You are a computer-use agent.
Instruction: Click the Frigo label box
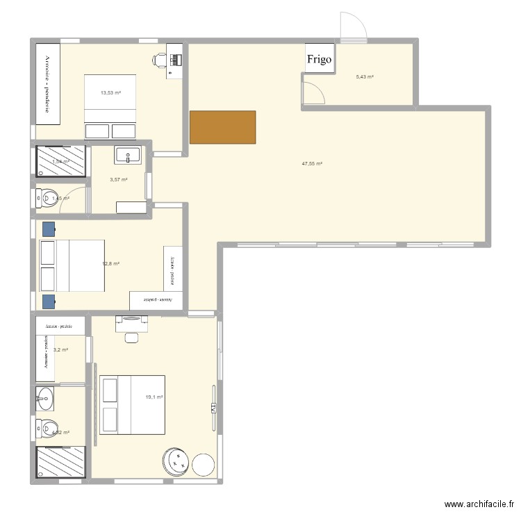coord(320,59)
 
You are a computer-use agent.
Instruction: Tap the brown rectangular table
coord(222,127)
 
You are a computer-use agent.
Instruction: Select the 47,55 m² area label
coord(312,164)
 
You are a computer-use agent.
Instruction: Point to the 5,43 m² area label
coord(365,76)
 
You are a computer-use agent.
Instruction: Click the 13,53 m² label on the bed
coord(110,92)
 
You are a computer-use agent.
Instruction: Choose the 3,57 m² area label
coord(119,179)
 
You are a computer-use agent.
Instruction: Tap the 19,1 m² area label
coord(154,397)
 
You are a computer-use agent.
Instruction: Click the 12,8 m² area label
coord(111,264)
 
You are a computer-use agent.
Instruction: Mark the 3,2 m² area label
coord(60,349)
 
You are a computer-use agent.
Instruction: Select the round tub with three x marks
coord(176,461)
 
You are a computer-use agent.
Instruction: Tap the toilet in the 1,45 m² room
coord(46,199)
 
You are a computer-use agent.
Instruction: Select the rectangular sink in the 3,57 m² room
coord(128,156)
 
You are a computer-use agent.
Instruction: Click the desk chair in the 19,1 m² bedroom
coord(131,337)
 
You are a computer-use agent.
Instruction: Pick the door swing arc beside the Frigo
coord(313,92)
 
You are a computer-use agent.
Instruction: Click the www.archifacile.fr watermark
coord(479,505)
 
